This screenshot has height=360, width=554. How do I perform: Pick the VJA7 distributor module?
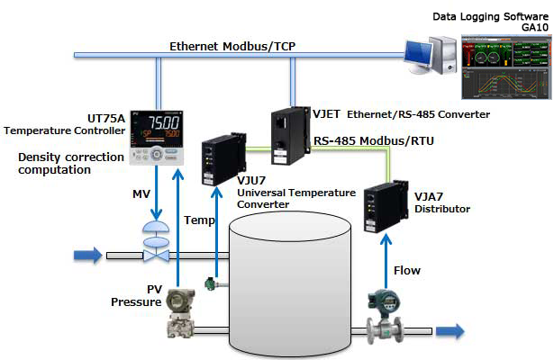(x=382, y=210)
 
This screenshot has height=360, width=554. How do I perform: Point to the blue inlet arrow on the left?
(x=87, y=256)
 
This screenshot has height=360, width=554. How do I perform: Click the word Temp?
(x=199, y=220)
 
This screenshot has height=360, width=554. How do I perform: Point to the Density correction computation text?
(x=59, y=165)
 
